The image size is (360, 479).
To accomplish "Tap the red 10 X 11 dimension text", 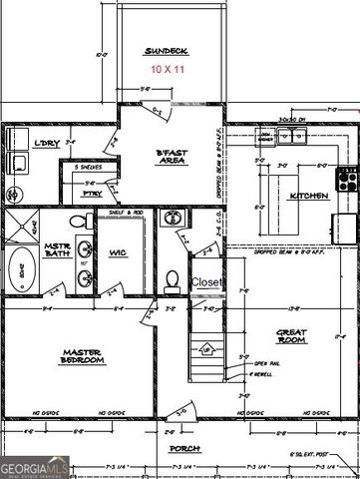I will pyautogui.click(x=167, y=69).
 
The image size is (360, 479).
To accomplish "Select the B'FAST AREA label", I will pyautogui.click(x=173, y=158).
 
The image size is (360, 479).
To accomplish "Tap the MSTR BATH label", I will pyautogui.click(x=56, y=250).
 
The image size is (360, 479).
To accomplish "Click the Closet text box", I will pyautogui.click(x=207, y=282).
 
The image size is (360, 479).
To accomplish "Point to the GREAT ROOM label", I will pyautogui.click(x=290, y=335).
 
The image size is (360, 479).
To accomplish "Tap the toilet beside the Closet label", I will pyautogui.click(x=172, y=278).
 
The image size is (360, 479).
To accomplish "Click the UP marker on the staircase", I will pyautogui.click(x=206, y=349).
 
